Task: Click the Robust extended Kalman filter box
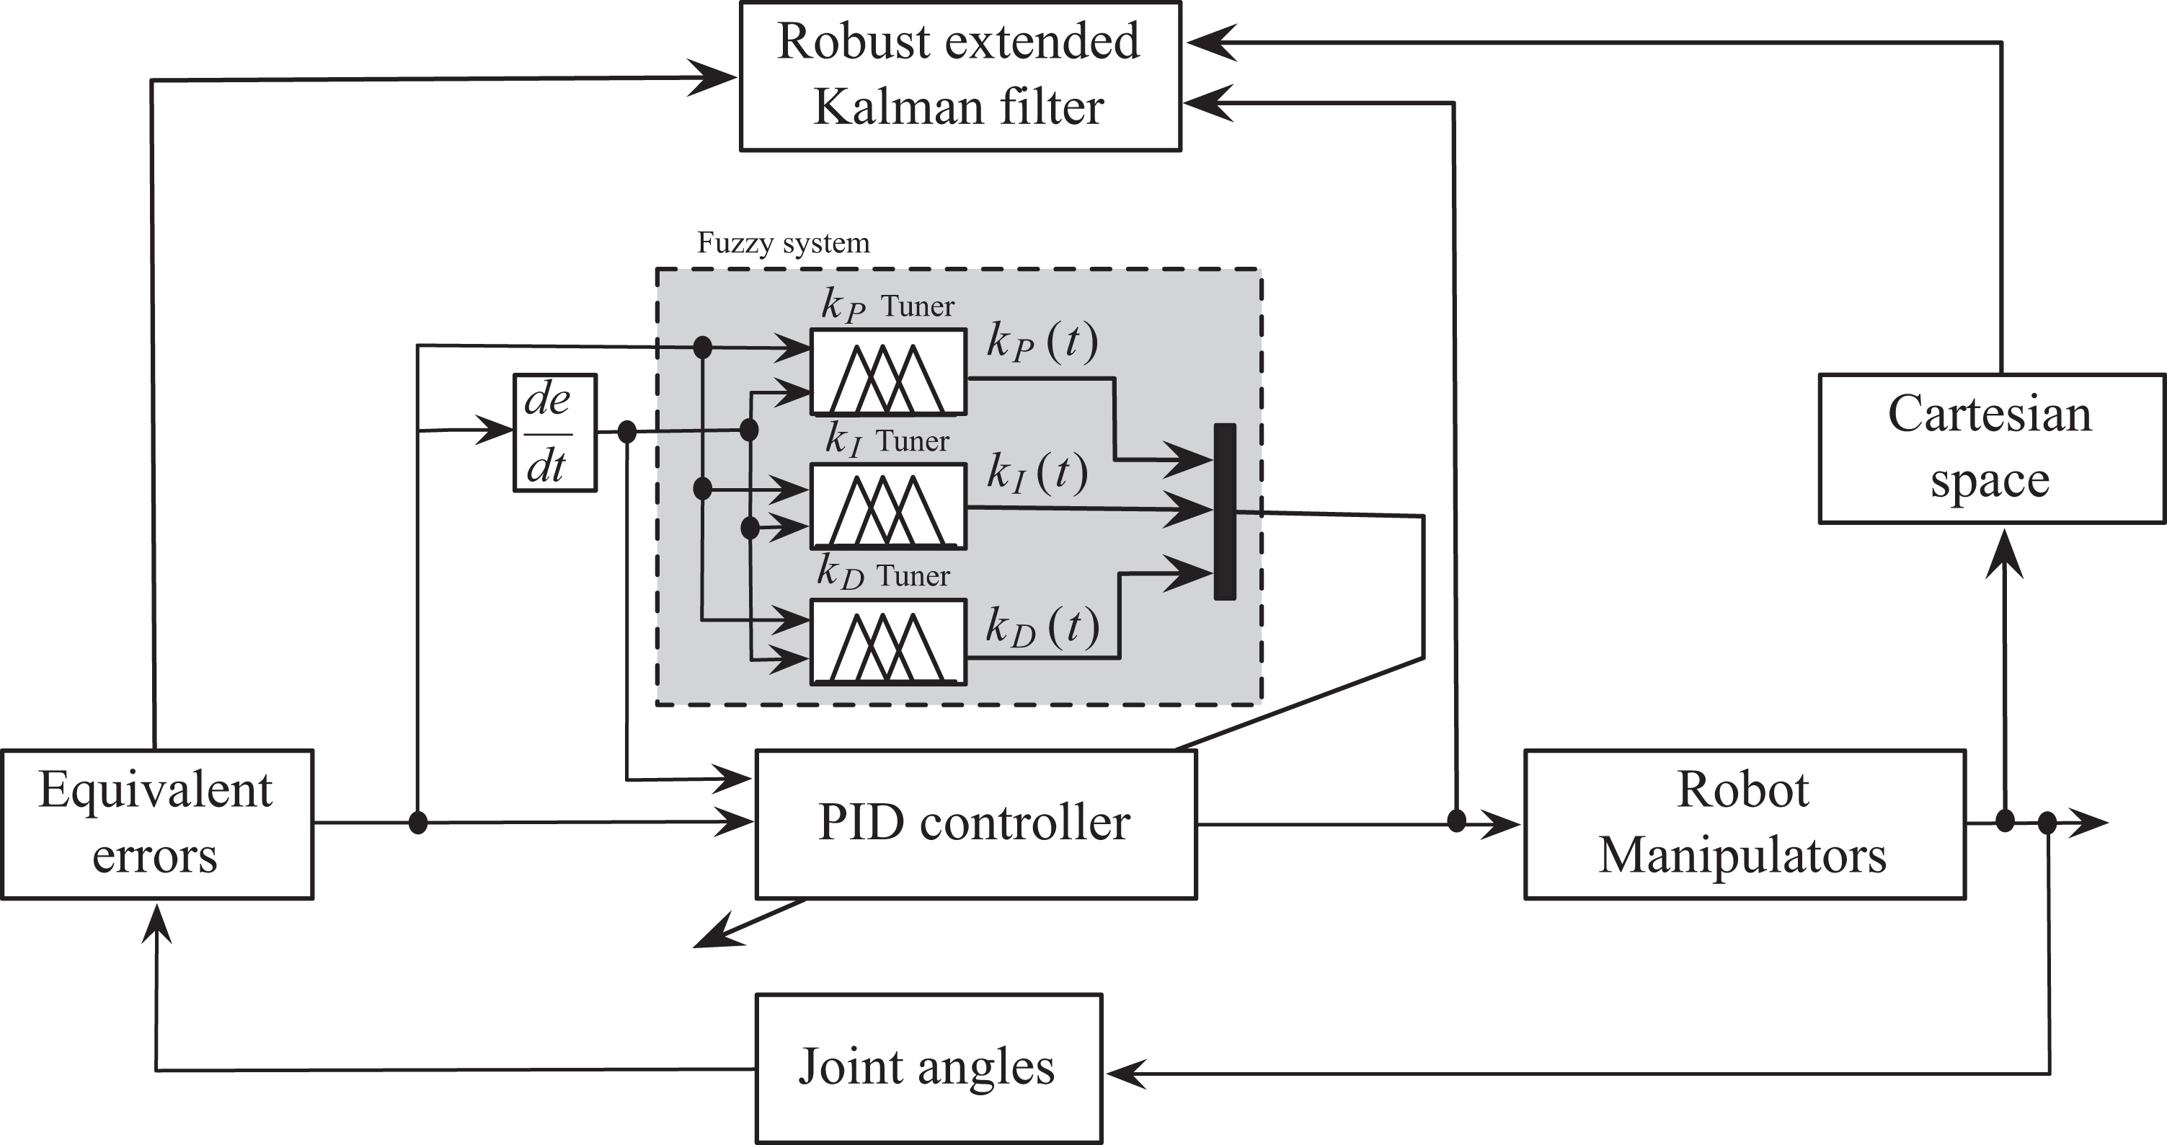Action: coord(961,76)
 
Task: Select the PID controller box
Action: coord(976,824)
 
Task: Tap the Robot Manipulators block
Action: coord(1745,824)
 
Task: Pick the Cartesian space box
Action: coord(1992,448)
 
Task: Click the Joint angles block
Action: coord(929,1069)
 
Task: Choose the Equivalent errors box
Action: coord(157,824)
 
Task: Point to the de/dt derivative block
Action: coord(555,433)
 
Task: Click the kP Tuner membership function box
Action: coord(888,372)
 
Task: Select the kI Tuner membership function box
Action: coord(888,506)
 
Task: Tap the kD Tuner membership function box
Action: coord(888,642)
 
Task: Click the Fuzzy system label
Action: coord(783,243)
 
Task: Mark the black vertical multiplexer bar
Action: coord(1225,511)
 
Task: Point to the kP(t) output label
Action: coord(1042,342)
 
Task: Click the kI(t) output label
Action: coord(1037,473)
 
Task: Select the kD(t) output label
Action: coord(1042,627)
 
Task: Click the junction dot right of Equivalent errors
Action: coord(418,822)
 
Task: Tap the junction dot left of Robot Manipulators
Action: coord(1456,821)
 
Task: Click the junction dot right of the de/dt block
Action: coord(626,433)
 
